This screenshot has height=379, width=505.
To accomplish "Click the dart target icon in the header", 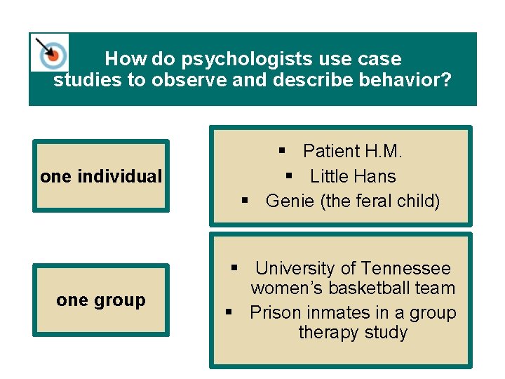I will coord(50,53).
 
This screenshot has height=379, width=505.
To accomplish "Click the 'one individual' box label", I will coord(101,176).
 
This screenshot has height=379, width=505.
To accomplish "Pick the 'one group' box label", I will coord(101,300).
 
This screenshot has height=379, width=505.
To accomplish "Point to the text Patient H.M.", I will coord(352,151).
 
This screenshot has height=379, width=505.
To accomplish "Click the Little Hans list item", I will coord(353,176).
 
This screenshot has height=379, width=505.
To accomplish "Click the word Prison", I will coord(275,312).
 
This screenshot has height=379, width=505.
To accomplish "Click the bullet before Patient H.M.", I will coord(281,150).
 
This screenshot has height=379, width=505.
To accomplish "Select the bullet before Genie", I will coord(245,201).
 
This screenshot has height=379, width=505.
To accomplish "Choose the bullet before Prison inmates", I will coord(229,312).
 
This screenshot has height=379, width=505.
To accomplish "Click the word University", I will coord(295,268).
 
